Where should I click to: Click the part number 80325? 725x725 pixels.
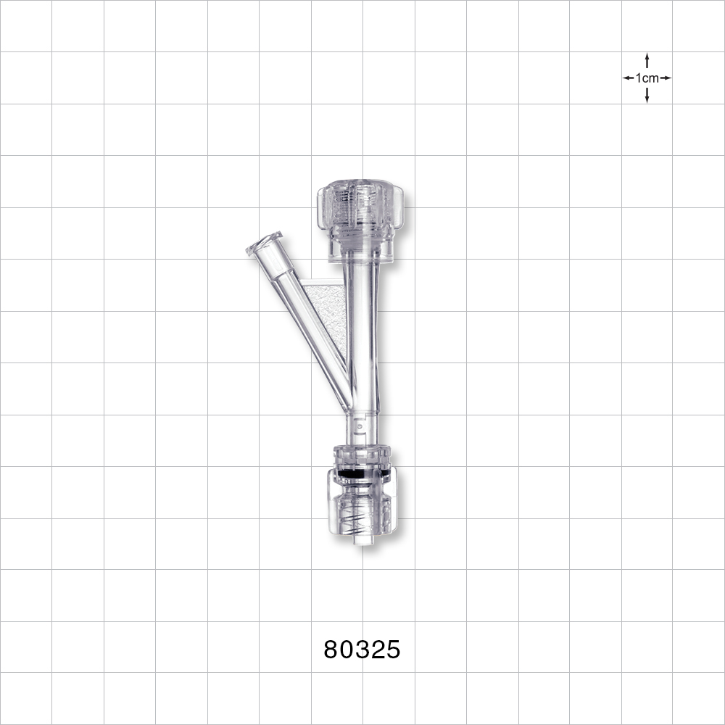point(362,650)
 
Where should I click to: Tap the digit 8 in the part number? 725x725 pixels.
point(331,650)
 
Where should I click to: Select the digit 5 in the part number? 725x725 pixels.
point(392,650)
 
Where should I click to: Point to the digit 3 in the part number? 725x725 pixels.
point(362,650)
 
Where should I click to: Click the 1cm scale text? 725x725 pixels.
point(647,78)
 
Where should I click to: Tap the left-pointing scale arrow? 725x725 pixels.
point(627,78)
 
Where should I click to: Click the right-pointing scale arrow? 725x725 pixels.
point(666,78)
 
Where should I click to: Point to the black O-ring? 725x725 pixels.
point(362,472)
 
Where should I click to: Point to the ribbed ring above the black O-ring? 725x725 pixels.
point(362,457)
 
